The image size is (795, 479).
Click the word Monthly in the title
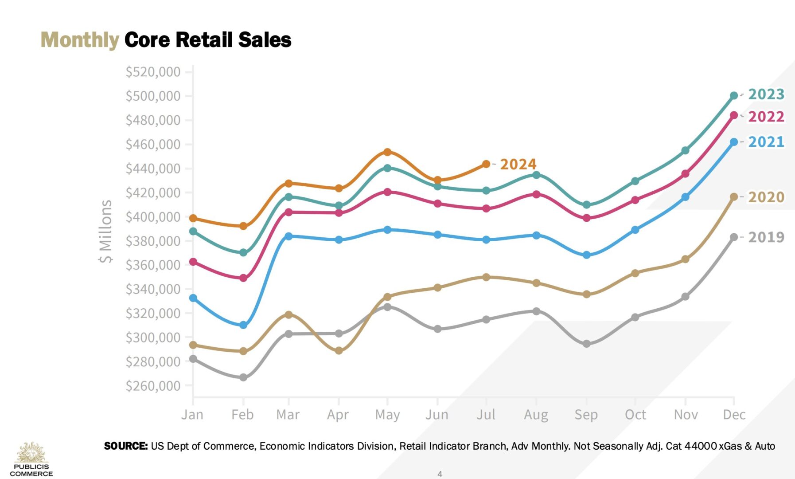point(80,40)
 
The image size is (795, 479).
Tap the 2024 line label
point(518,164)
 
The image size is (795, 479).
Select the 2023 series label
point(766,94)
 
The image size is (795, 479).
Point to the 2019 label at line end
point(766,237)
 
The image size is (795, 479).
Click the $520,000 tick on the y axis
point(153,72)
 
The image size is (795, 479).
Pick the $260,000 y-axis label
point(153,386)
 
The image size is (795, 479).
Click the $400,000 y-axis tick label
point(153,217)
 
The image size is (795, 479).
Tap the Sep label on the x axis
point(586,415)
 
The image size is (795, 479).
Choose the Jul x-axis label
point(486,415)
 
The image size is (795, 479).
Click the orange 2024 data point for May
point(387,152)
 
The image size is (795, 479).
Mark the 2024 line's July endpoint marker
point(486,164)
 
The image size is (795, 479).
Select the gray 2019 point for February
point(243,377)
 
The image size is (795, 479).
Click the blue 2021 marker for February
point(243,325)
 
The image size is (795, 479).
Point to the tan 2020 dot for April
point(339,351)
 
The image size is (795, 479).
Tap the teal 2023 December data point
point(734,95)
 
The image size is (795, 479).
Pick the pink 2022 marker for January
point(193,262)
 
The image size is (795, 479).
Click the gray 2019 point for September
point(586,344)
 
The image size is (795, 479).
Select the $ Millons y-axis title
point(105,231)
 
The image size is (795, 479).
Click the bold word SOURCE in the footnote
point(126,446)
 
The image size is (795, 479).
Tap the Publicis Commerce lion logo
point(31,452)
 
